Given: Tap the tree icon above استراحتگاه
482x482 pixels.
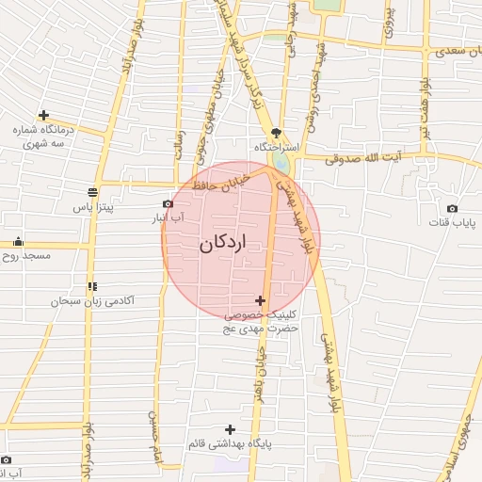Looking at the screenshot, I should pyautogui.click(x=276, y=133).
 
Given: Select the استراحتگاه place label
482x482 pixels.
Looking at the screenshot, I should pyautogui.click(x=276, y=148).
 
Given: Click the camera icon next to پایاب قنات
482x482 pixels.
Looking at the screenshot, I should pyautogui.click(x=453, y=208).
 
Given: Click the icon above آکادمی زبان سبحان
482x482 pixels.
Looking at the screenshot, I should pyautogui.click(x=91, y=286).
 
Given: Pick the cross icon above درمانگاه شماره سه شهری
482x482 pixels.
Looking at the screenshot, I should pyautogui.click(x=43, y=115).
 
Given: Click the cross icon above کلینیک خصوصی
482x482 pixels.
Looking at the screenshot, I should pyautogui.click(x=261, y=300).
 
